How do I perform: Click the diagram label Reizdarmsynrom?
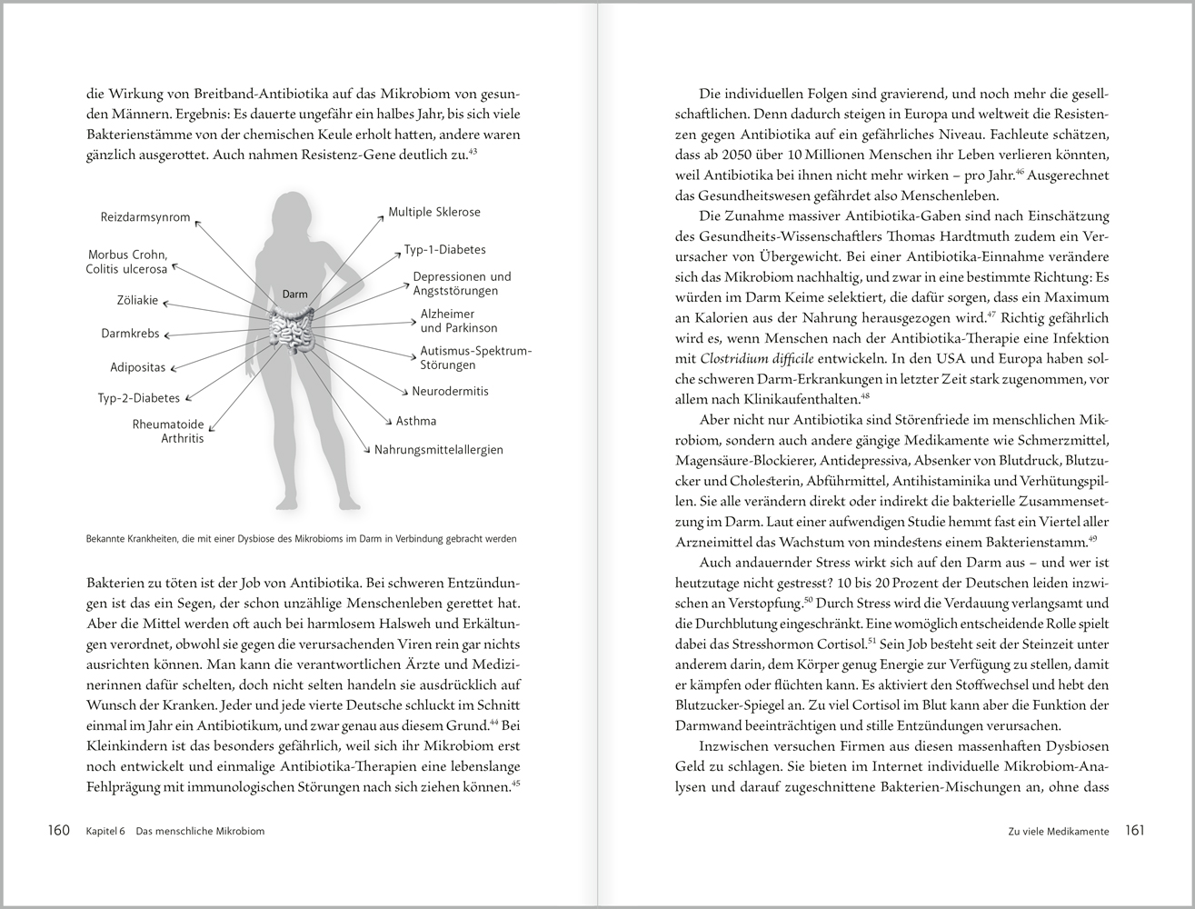pyautogui.click(x=145, y=217)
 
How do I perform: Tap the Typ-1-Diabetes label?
pyautogui.click(x=445, y=249)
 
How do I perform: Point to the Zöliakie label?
pyautogui.click(x=137, y=300)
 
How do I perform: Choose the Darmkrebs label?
pyautogui.click(x=130, y=334)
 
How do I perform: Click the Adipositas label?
pyautogui.click(x=137, y=368)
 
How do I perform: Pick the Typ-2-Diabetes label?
pyautogui.click(x=139, y=398)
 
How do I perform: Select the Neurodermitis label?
pyautogui.click(x=450, y=391)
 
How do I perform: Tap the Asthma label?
pyautogui.click(x=416, y=421)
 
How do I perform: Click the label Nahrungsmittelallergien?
pyautogui.click(x=439, y=449)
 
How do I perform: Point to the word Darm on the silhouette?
pyautogui.click(x=294, y=295)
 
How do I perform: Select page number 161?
pyautogui.click(x=1135, y=831)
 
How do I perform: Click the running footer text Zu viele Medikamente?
pyautogui.click(x=1058, y=832)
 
